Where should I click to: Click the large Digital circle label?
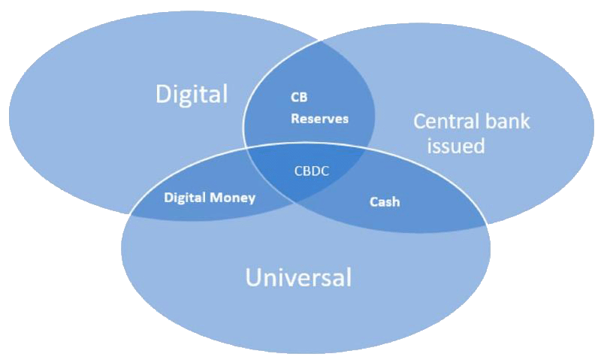pyautogui.click(x=192, y=94)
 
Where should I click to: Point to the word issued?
pyautogui.click(x=456, y=146)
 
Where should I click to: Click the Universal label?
pyautogui.click(x=298, y=277)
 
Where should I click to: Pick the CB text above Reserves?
pyautogui.click(x=299, y=98)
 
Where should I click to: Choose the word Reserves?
pyautogui.click(x=320, y=119)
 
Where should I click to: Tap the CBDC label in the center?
pyautogui.click(x=312, y=171)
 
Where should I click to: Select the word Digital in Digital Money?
pyautogui.click(x=185, y=198)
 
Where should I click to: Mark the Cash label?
pyautogui.click(x=385, y=201)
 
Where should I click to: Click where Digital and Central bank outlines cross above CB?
pyautogui.click(x=319, y=40)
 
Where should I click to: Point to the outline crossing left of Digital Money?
pyautogui.click(x=130, y=213)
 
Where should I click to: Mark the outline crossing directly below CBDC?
pyautogui.click(x=295, y=204)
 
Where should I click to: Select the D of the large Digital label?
pyautogui.click(x=162, y=94)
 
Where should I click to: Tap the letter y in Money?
pyautogui.click(x=252, y=200)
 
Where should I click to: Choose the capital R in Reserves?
pyautogui.click(x=294, y=119)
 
